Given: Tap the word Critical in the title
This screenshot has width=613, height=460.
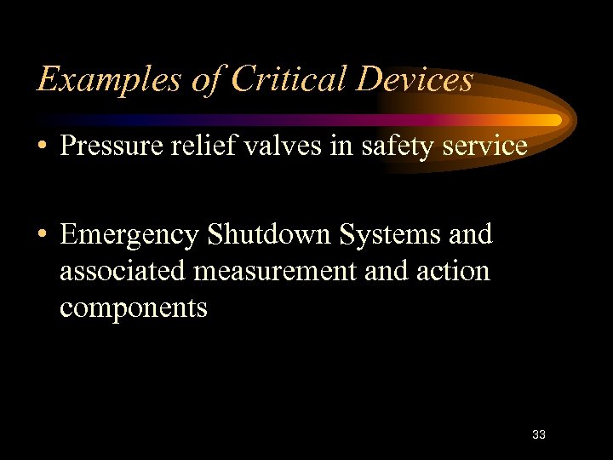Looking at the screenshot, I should coord(280,79).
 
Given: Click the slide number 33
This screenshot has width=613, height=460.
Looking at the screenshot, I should coord(538,434).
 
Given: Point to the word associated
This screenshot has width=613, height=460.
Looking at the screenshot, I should coord(123,271).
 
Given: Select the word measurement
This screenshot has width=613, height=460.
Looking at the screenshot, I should coord(278,272).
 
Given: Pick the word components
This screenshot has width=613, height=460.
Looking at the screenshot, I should coord(133,308).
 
